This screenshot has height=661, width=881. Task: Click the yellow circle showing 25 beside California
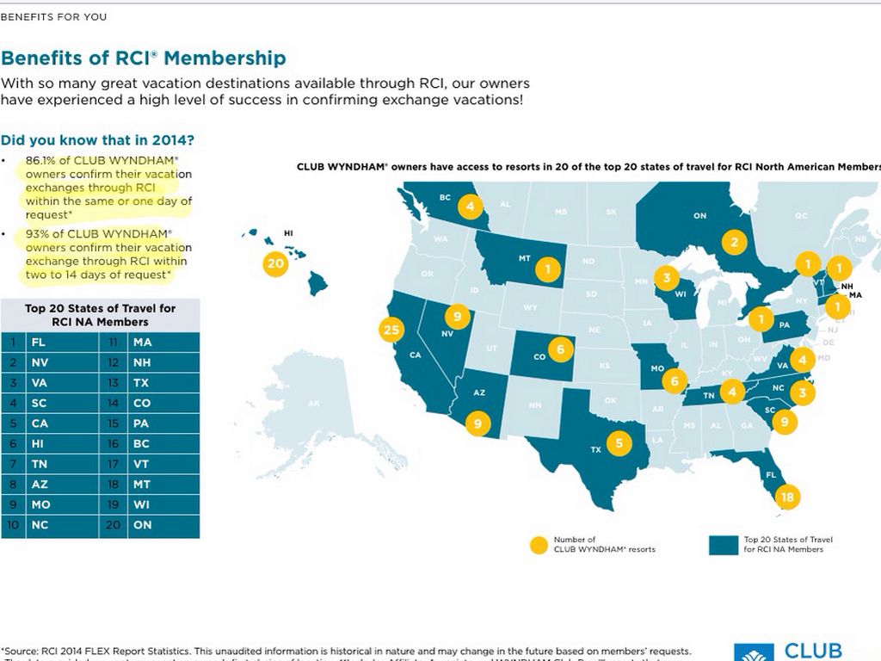click(x=391, y=330)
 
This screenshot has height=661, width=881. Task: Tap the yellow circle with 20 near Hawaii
click(x=275, y=264)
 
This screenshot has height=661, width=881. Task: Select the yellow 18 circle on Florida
click(x=786, y=497)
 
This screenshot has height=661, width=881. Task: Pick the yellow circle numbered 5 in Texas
click(x=618, y=443)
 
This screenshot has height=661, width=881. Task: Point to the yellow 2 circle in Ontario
click(x=734, y=242)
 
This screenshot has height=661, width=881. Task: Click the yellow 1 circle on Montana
click(x=547, y=269)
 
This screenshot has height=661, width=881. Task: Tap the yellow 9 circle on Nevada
click(x=458, y=317)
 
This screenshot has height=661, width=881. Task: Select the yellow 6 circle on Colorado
click(x=561, y=349)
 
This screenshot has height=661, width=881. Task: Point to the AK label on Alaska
click(x=313, y=404)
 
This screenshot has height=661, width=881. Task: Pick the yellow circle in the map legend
click(x=539, y=544)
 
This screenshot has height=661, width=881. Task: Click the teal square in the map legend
click(x=724, y=544)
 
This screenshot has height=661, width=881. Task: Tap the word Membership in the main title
click(x=225, y=59)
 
